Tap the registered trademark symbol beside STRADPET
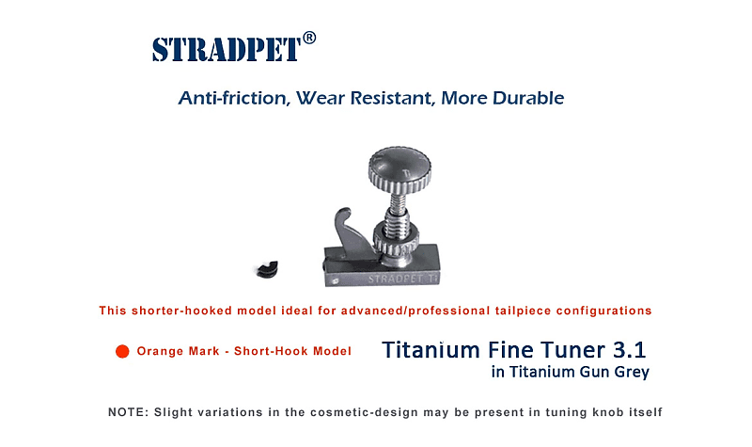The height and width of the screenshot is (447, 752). pos(309,38)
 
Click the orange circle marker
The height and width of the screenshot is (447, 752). pos(121,352)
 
